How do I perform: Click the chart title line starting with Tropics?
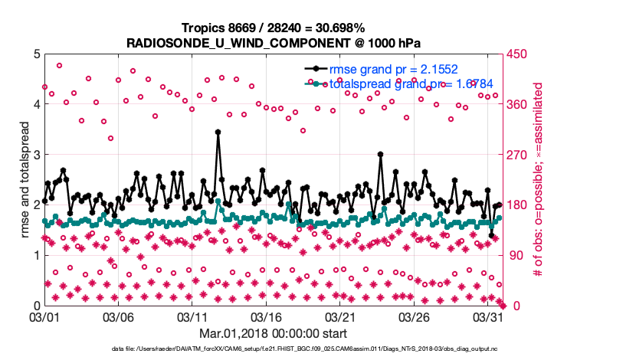click(x=273, y=27)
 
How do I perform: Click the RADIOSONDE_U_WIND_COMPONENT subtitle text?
click(x=273, y=42)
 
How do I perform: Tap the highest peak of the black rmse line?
click(x=218, y=132)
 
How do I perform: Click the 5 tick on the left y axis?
click(x=36, y=54)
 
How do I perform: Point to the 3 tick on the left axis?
click(x=36, y=155)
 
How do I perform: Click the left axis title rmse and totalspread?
click(x=25, y=179)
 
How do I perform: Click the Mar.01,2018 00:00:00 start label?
click(x=273, y=333)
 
